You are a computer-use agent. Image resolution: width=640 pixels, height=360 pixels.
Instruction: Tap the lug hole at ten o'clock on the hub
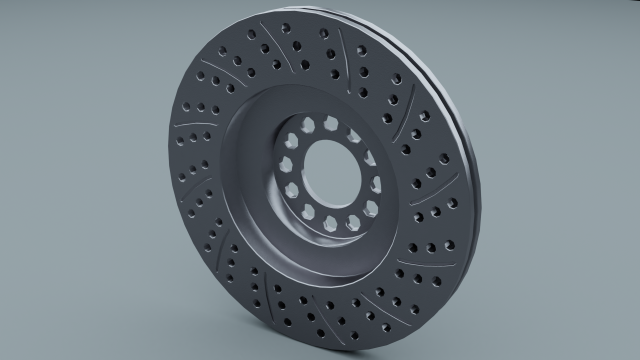289,141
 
